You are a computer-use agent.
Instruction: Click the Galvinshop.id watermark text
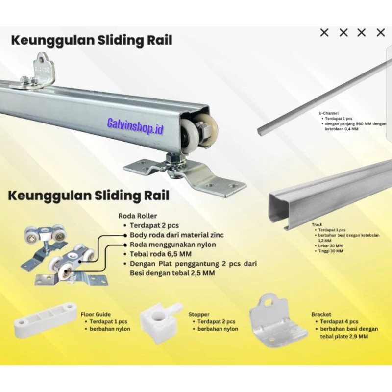135,129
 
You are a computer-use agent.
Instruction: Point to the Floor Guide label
96,314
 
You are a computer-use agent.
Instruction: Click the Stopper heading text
198,314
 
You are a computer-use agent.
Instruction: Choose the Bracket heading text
321,314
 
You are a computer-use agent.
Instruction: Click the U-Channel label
328,113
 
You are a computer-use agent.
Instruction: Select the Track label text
317,224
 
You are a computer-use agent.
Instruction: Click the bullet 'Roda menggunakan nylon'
172,245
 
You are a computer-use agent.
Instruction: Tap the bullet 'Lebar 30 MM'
332,245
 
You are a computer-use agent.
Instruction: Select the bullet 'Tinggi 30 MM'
332,250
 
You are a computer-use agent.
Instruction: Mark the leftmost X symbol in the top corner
324,33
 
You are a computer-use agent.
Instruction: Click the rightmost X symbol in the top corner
381,33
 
